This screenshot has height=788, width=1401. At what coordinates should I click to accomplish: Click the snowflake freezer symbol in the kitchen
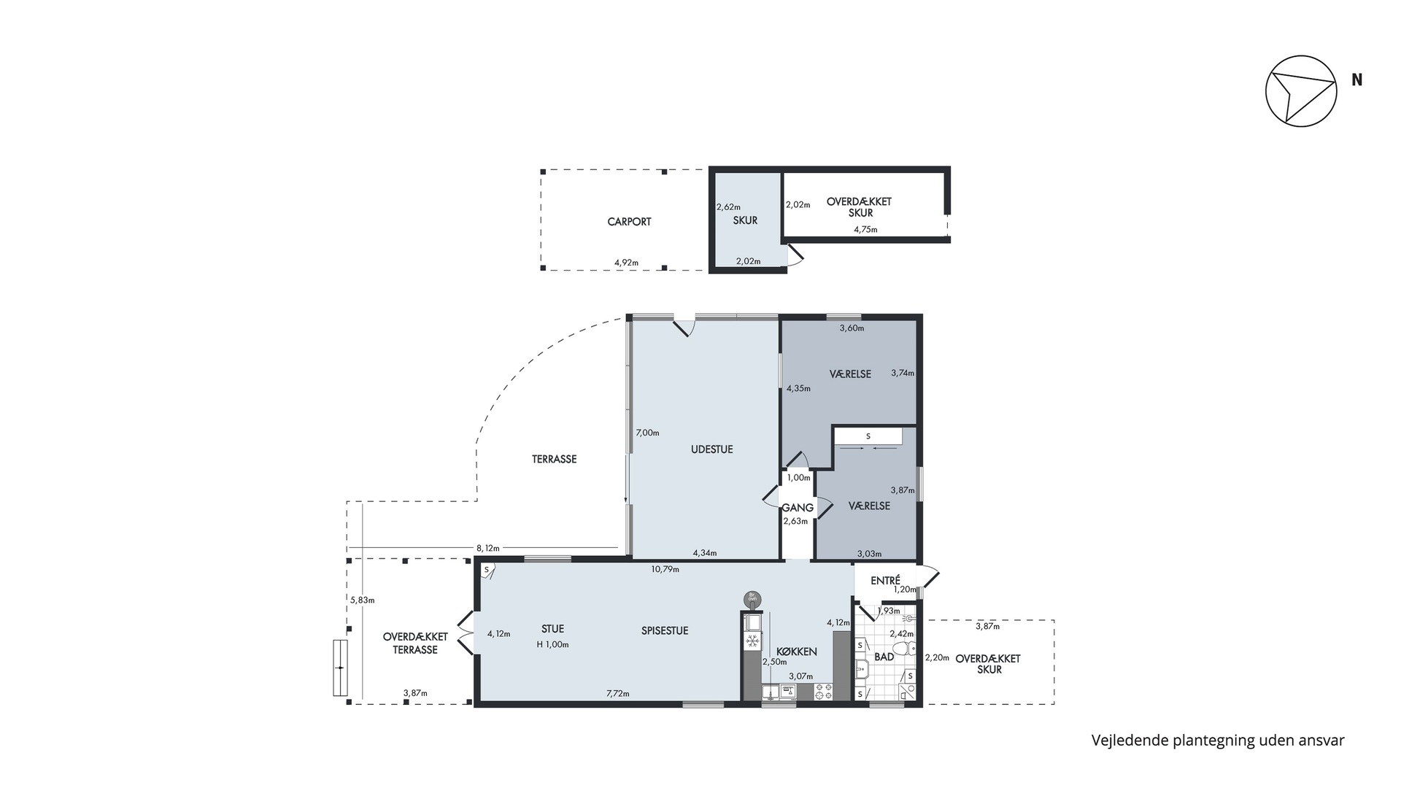(752, 641)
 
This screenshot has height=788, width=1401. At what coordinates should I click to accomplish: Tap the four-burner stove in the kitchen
(824, 692)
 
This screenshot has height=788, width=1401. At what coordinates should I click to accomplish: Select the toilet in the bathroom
(903, 647)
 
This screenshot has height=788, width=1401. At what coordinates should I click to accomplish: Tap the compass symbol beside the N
(1301, 90)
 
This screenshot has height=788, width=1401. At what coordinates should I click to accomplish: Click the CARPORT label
(629, 222)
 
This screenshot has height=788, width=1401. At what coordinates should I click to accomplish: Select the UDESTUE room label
(711, 449)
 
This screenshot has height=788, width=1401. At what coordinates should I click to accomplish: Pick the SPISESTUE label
(665, 631)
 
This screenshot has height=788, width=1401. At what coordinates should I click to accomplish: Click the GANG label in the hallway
(798, 508)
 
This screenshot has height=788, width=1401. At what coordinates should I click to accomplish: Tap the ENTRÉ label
(885, 580)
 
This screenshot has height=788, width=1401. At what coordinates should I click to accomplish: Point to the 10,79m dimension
(665, 569)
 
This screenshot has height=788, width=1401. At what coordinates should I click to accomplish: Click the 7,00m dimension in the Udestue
(647, 433)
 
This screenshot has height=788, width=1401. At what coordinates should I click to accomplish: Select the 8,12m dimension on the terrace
(487, 548)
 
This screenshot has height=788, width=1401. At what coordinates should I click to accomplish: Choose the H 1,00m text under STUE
(552, 644)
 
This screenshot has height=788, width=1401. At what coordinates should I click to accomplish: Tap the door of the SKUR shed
(794, 255)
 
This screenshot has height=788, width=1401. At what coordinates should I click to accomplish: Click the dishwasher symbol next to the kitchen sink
(788, 692)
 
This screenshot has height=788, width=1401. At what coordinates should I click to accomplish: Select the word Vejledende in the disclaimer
(1126, 741)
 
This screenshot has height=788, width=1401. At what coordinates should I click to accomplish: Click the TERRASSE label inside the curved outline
(554, 460)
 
